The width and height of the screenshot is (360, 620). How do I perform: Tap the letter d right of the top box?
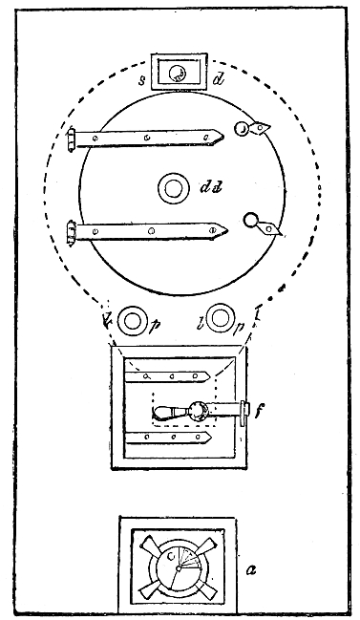(x=219, y=80)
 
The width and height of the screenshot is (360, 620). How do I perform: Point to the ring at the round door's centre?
(x=173, y=188)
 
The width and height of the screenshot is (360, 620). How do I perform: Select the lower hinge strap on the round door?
(x=148, y=231)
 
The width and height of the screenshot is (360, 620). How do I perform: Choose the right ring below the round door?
(x=222, y=317)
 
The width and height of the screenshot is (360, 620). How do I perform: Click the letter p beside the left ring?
(x=155, y=326)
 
